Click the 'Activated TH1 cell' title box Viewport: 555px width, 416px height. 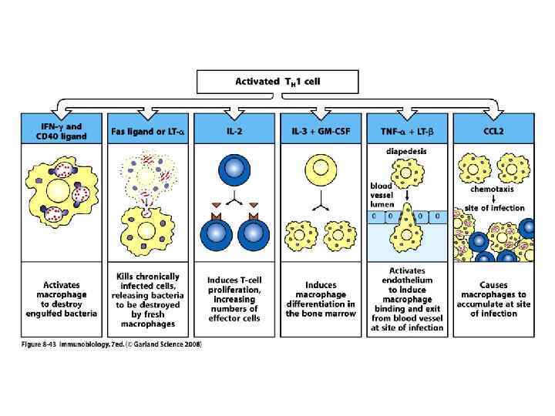(277, 81)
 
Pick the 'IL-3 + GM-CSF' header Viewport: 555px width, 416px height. (320, 126)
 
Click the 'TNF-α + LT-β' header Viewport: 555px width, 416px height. (407, 126)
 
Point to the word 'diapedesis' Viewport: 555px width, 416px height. (406, 151)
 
